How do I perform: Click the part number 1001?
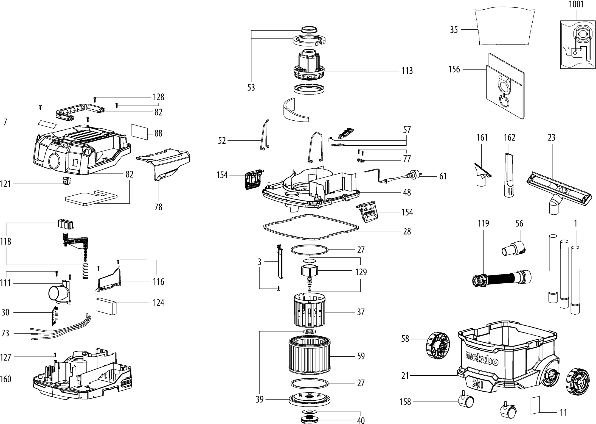pyautogui.click(x=576, y=4)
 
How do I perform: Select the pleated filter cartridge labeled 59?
pyautogui.click(x=309, y=356)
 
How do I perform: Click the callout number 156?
pyautogui.click(x=454, y=69)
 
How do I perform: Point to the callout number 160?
pyautogui.click(x=5, y=379)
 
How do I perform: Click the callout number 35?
pyautogui.click(x=454, y=30)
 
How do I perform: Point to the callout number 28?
pyautogui.click(x=407, y=231)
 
